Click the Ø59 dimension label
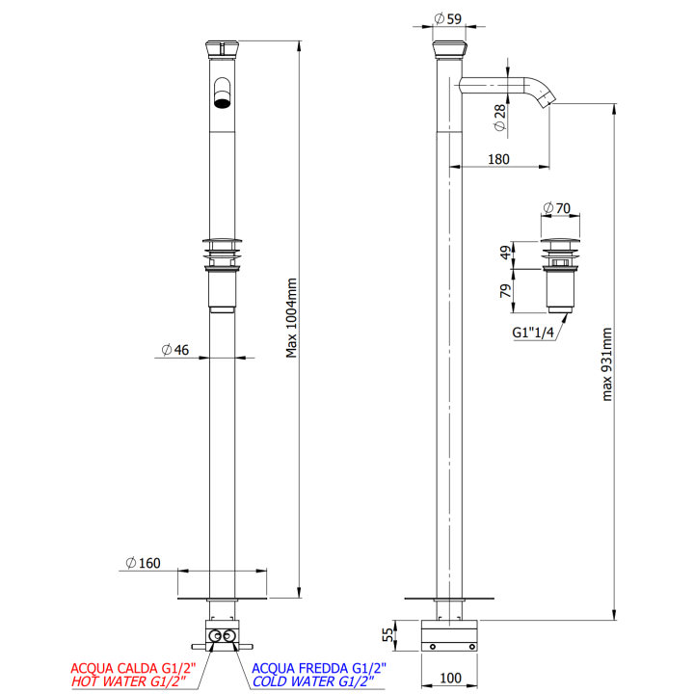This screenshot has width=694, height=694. (x=448, y=18)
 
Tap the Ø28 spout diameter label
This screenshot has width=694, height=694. (x=499, y=118)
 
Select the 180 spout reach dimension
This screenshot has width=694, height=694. (x=498, y=159)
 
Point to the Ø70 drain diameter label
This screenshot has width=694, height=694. (x=557, y=207)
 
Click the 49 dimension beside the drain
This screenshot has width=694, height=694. (x=505, y=253)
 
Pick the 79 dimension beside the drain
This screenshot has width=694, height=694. (x=505, y=291)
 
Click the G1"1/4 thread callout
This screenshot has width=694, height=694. (x=533, y=332)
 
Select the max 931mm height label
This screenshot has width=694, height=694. (x=607, y=364)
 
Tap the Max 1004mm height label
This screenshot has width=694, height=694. (x=291, y=318)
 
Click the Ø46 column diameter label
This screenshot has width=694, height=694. (x=175, y=350)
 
